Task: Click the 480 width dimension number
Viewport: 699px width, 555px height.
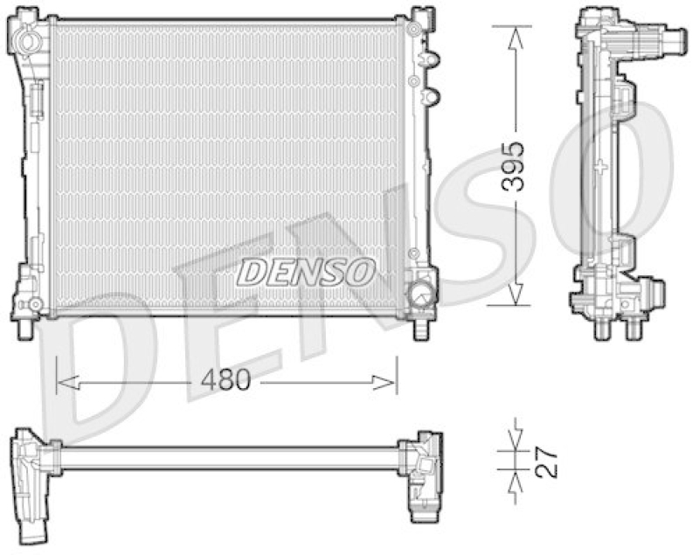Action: (226, 381)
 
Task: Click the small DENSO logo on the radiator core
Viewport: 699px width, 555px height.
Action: (306, 272)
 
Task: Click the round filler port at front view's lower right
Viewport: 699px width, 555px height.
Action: (422, 291)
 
